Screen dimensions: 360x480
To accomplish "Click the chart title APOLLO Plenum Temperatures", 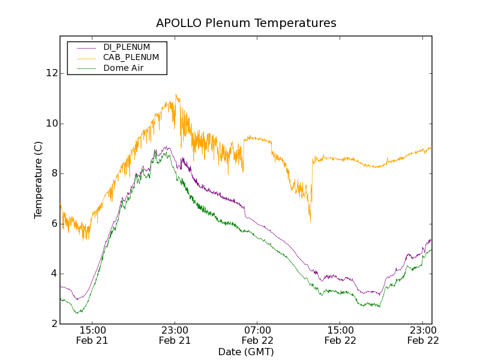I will tap(246, 23).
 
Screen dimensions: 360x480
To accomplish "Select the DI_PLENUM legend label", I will tap(127, 47).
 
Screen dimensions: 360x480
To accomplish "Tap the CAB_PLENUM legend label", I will tap(131, 58).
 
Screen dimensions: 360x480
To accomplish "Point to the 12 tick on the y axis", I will tap(52, 73).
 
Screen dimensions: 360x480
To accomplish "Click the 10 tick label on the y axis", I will tap(52, 124).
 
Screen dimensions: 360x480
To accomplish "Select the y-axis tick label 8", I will tap(54, 173).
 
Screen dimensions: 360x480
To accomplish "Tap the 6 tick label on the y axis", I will tap(54, 224).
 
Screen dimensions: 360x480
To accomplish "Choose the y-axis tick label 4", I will tap(54, 274).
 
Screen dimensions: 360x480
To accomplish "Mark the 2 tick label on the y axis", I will tap(54, 324).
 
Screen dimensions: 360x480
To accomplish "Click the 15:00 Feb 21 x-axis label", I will tap(92, 335).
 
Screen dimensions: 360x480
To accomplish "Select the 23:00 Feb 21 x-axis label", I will tap(175, 335).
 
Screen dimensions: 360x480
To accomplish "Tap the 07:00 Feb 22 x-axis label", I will tap(257, 335).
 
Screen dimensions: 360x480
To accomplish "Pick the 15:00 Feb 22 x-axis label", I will tap(340, 335).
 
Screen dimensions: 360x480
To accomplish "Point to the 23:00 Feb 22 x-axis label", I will tap(422, 335).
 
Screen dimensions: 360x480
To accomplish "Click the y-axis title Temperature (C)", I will tap(38, 180).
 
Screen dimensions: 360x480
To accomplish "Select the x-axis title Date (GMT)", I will tap(246, 352).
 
